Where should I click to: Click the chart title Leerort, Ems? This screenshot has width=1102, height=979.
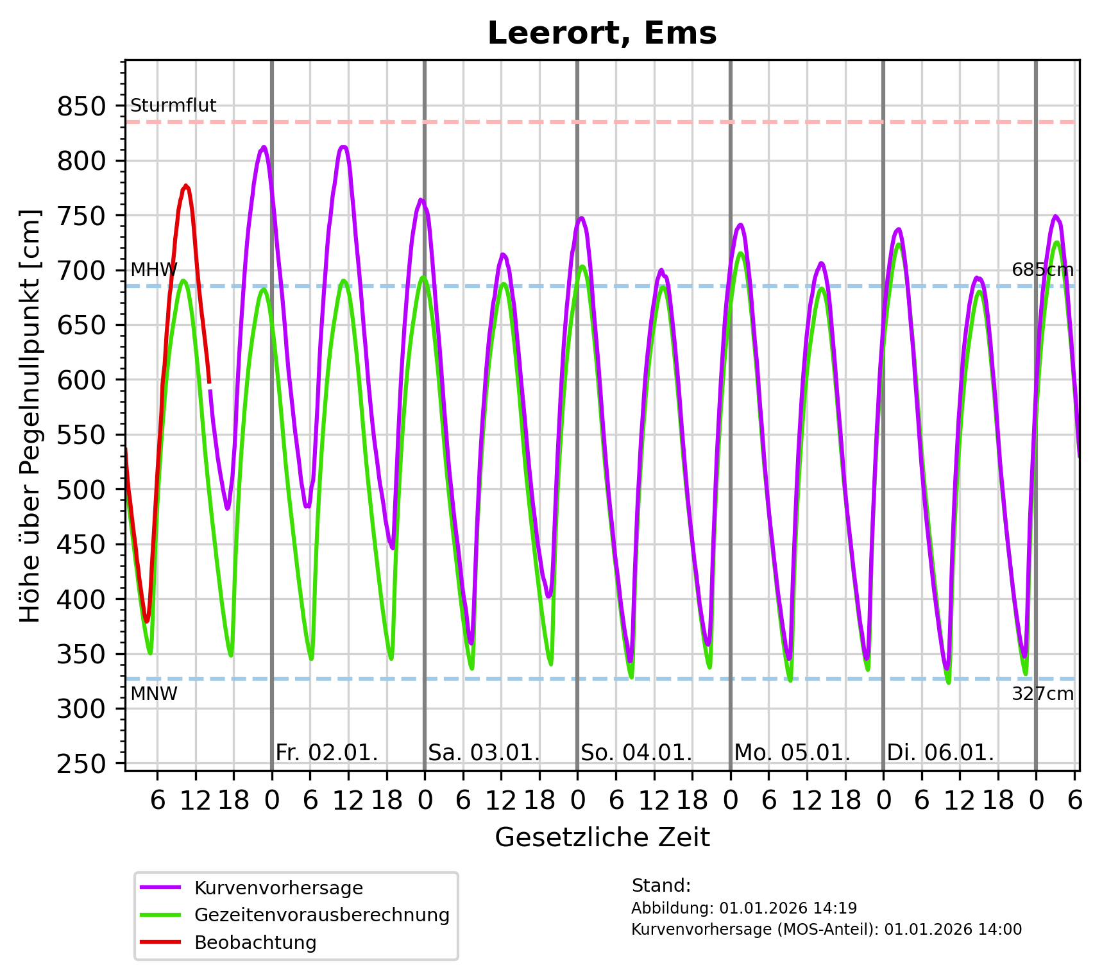tap(602, 33)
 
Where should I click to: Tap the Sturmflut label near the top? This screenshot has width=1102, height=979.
tap(173, 106)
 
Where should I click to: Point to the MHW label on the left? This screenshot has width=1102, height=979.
tap(153, 270)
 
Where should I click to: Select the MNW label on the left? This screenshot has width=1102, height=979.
tap(154, 694)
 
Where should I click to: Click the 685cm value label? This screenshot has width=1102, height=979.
tap(1042, 270)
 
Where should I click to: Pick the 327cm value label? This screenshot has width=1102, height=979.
tap(1042, 694)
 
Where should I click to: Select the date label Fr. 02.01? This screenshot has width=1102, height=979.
tap(326, 753)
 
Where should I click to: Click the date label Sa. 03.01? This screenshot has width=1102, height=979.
tap(484, 753)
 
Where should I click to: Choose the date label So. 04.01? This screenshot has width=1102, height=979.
tap(636, 753)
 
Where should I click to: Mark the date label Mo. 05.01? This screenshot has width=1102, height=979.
tap(792, 753)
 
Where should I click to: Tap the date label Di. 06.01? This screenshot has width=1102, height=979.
tap(940, 753)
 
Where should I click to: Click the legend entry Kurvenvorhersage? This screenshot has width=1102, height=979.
tap(278, 888)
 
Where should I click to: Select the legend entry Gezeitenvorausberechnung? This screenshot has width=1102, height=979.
tap(321, 915)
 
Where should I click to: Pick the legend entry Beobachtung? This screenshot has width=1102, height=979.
tap(255, 942)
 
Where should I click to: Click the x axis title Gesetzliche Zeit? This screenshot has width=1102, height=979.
tap(602, 837)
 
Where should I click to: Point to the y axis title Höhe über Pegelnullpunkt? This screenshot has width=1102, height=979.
tap(30, 416)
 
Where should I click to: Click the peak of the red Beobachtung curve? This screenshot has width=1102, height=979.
tap(186, 186)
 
